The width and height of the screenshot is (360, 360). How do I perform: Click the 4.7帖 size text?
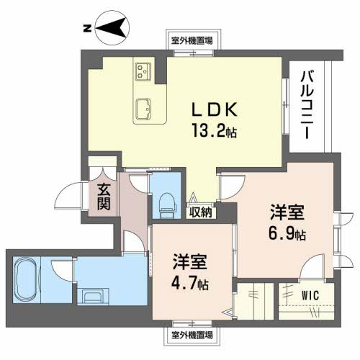(x=190, y=283)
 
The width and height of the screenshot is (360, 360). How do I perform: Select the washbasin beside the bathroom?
(x=94, y=297)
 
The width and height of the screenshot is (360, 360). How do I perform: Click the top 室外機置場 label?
(x=192, y=41)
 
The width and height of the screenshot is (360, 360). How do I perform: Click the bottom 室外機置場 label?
(x=192, y=335)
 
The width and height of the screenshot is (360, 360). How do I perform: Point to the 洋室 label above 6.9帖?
(x=287, y=213)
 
